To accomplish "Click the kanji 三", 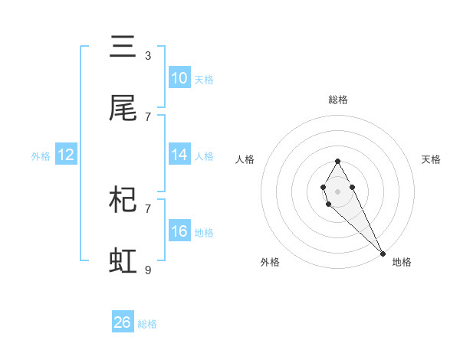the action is tap(123, 47).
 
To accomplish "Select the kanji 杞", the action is tap(123, 200).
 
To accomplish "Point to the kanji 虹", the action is tap(123, 261).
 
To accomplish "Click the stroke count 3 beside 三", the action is tap(148, 56).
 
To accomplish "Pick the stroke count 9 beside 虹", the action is tap(148, 270).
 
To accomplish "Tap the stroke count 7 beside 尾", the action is tap(148, 116).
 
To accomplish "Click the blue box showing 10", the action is tap(179, 78).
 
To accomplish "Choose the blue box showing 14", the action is tap(179, 155).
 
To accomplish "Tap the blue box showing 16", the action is tap(179, 231).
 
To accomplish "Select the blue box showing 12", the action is tap(66, 155).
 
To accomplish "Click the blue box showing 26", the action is tap(123, 322).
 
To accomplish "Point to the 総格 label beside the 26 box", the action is tap(147, 324).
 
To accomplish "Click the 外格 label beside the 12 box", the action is tap(41, 156).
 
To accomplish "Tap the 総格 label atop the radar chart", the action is tap(337, 100).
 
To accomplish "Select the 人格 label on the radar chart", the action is tap(245, 159).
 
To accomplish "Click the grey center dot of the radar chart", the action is tap(337, 191).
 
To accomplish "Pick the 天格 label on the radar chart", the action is tap(431, 159).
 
